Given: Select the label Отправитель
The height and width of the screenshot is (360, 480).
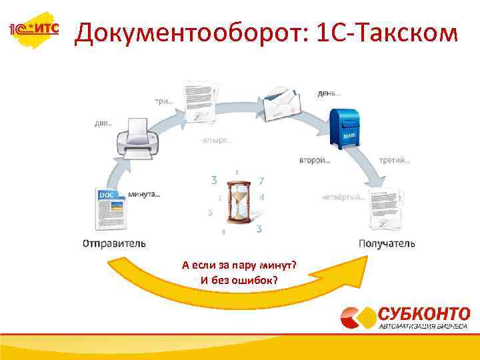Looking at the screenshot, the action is (114, 243).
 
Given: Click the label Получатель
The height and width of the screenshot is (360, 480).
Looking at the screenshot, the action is (387, 243).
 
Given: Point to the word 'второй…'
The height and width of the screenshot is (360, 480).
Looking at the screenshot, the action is (315, 161).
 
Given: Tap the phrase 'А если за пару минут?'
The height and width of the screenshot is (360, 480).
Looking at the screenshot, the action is (239, 265).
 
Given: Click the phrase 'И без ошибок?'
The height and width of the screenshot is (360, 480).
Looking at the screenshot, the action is (239, 279).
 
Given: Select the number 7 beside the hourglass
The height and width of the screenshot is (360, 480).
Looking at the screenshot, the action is (261, 181).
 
